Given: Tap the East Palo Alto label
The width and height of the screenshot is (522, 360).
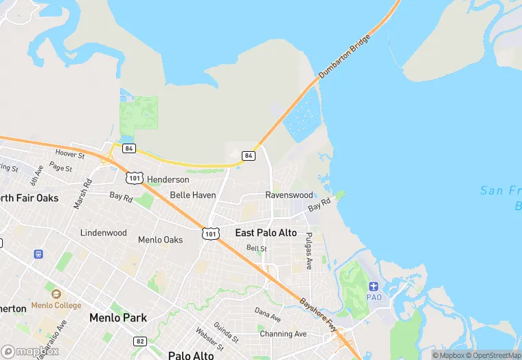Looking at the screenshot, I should pos(266,233).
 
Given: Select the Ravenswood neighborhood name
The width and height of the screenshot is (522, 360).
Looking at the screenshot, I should pos(288,195).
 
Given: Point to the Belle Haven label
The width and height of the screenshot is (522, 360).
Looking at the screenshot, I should pos(193,195).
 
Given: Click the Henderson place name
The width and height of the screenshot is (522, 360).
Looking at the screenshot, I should pos(168,179).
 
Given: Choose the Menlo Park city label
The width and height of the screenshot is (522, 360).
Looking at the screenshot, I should pos(117,318).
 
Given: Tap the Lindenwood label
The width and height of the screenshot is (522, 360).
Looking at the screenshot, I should pos(104,233).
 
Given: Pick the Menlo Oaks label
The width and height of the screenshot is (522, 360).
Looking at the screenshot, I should pos(161,240).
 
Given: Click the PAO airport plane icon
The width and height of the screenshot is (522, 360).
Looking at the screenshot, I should pos(374,286).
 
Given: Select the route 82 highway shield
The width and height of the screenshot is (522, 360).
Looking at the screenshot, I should pos(140,341).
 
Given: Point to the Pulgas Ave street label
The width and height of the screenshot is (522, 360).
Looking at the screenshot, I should pos(309,251).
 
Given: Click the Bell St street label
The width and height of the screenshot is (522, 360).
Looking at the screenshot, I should pos(256,248).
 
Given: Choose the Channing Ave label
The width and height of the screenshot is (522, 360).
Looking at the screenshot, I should pos(283,334).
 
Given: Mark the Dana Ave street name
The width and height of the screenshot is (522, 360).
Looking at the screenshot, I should pos(267,315).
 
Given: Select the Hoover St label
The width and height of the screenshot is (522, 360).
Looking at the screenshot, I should pos(70,155).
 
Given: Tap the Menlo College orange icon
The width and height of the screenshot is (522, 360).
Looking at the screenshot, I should pos(55,294).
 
